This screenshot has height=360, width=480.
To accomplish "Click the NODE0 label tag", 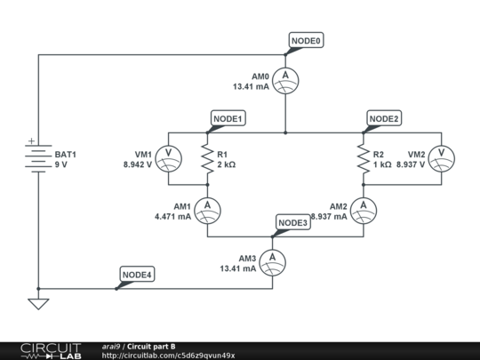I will (x=307, y=41).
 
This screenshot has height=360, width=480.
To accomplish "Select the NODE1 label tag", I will (x=228, y=118).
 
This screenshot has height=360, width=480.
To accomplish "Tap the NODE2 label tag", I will (x=384, y=118).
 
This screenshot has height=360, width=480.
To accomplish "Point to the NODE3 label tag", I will (x=292, y=222).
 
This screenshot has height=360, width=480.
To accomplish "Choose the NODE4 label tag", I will (x=137, y=275).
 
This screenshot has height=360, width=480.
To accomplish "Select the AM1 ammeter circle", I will (x=207, y=210).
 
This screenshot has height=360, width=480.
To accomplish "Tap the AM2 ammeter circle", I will (x=363, y=210).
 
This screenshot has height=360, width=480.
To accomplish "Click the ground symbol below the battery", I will (x=37, y=304).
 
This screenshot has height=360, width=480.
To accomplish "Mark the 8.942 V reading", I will (x=138, y=164).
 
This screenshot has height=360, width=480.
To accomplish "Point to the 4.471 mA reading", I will (x=172, y=216).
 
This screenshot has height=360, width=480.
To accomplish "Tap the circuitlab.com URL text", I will (x=169, y=356).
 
